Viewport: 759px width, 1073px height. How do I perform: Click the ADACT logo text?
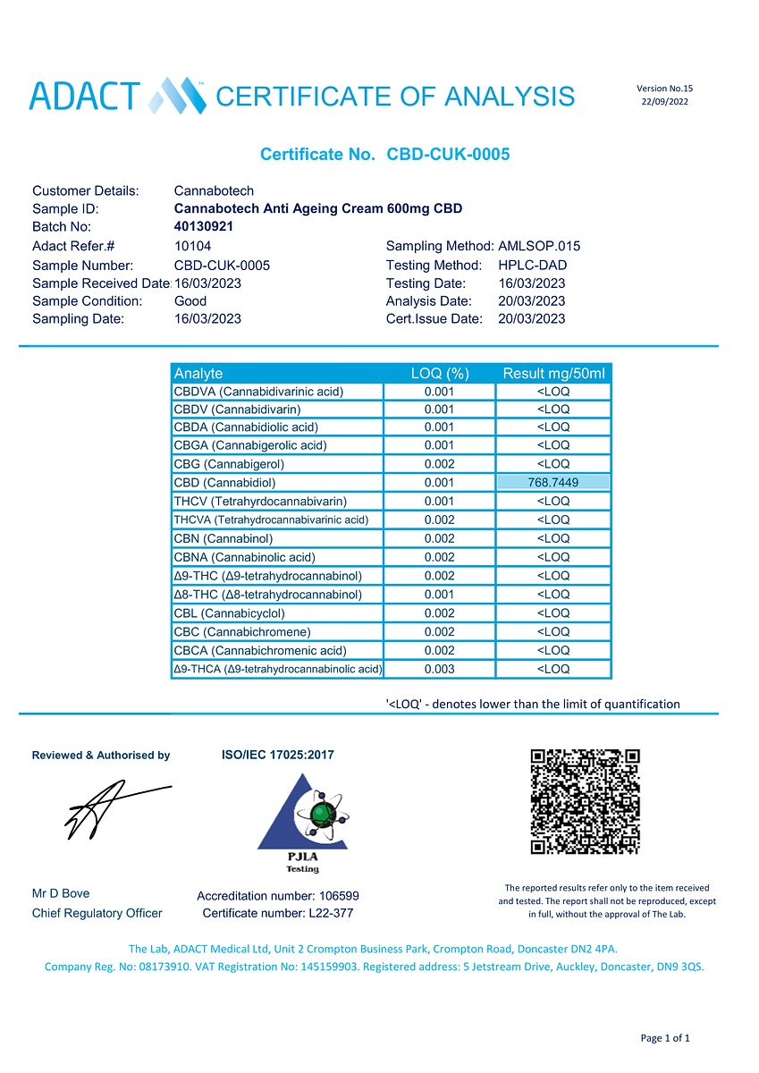tap(85, 96)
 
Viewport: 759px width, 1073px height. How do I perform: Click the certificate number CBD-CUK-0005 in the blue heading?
tap(448, 155)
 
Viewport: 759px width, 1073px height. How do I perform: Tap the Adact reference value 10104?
tap(192, 246)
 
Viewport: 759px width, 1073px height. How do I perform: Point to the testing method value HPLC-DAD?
tap(532, 266)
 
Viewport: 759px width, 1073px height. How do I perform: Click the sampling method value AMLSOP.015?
tap(539, 246)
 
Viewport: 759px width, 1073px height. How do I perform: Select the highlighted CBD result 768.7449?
tap(553, 483)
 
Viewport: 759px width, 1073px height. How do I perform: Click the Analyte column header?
tap(198, 373)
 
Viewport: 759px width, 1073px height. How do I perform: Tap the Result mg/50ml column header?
tap(553, 373)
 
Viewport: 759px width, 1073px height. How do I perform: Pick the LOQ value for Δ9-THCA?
tap(439, 669)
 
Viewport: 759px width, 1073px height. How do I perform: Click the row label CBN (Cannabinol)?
tap(223, 539)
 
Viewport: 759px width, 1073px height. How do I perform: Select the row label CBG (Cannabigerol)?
tap(229, 464)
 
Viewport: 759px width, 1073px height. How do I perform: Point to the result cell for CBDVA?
tap(553, 392)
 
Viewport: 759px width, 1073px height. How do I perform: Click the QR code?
tap(585, 802)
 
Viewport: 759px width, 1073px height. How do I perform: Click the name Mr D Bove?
tap(61, 893)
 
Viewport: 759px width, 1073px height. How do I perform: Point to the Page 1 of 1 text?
tap(665, 1038)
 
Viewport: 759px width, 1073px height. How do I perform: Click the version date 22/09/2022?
tap(664, 102)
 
